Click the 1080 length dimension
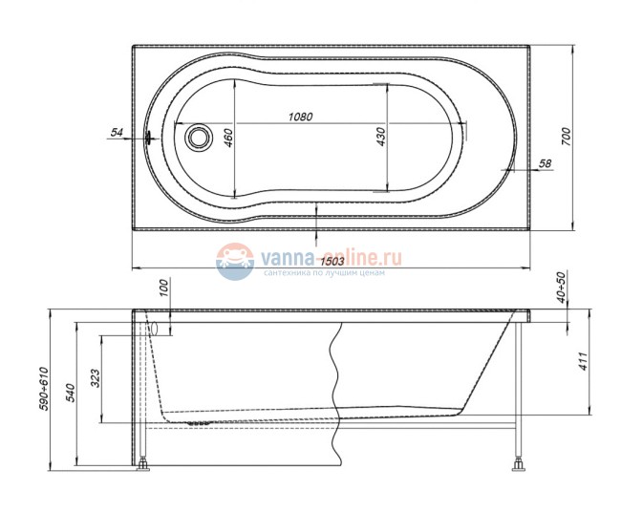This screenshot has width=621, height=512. pyautogui.click(x=301, y=117)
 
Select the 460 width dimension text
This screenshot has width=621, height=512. pyautogui.click(x=228, y=137)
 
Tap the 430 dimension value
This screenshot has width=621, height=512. pyautogui.click(x=380, y=137)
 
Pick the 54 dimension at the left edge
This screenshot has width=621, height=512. pyautogui.click(x=117, y=133)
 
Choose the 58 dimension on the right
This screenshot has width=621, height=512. pyautogui.click(x=545, y=164)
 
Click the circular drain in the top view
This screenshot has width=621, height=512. pyautogui.click(x=199, y=137)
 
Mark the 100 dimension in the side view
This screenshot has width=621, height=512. pyautogui.click(x=162, y=287)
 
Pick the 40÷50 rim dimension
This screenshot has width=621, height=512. pyautogui.click(x=562, y=288)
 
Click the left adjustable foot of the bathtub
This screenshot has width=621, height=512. pyautogui.click(x=144, y=466)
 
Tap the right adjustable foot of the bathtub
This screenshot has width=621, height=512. pyautogui.click(x=520, y=466)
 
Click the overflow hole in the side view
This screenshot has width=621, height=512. pyautogui.click(x=152, y=327)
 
